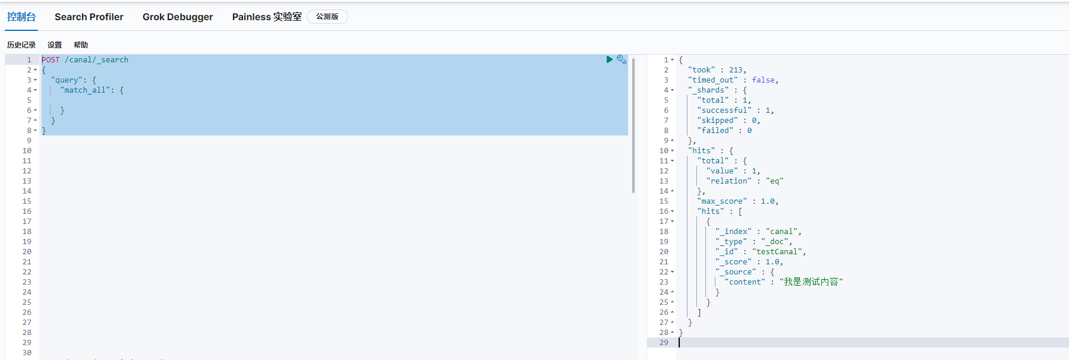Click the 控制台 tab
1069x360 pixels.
coord(21,17)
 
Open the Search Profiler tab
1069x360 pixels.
coord(89,17)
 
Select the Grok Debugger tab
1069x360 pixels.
coord(178,17)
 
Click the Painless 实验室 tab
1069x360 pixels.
coord(267,17)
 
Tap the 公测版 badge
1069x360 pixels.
coord(327,17)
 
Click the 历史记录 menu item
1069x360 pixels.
coord(21,45)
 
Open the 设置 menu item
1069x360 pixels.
coord(55,45)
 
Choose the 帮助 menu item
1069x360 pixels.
coord(81,45)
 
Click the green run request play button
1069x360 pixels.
coord(609,59)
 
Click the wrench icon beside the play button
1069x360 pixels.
coord(622,59)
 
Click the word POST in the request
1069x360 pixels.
coord(51,60)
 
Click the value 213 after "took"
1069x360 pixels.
coord(736,70)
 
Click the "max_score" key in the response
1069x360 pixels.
coord(722,201)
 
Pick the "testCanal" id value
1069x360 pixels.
coord(777,252)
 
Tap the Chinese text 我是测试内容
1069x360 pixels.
coord(811,282)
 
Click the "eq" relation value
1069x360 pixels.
coord(774,181)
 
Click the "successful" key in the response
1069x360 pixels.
coord(724,110)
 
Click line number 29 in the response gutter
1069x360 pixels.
coord(664,343)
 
